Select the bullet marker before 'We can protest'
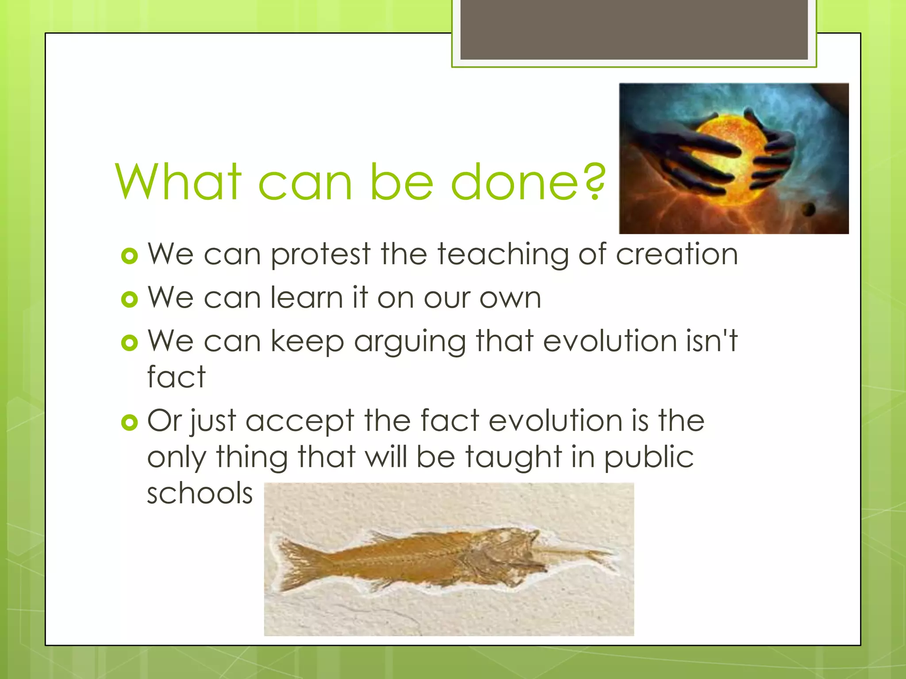click(130, 256)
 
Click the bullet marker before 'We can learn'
click(130, 299)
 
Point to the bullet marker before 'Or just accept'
click(130, 422)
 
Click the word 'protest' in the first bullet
click(320, 255)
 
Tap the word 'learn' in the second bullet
click(307, 298)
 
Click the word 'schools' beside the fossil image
click(200, 493)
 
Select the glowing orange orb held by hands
click(730, 159)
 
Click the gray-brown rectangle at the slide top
click(633, 29)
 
